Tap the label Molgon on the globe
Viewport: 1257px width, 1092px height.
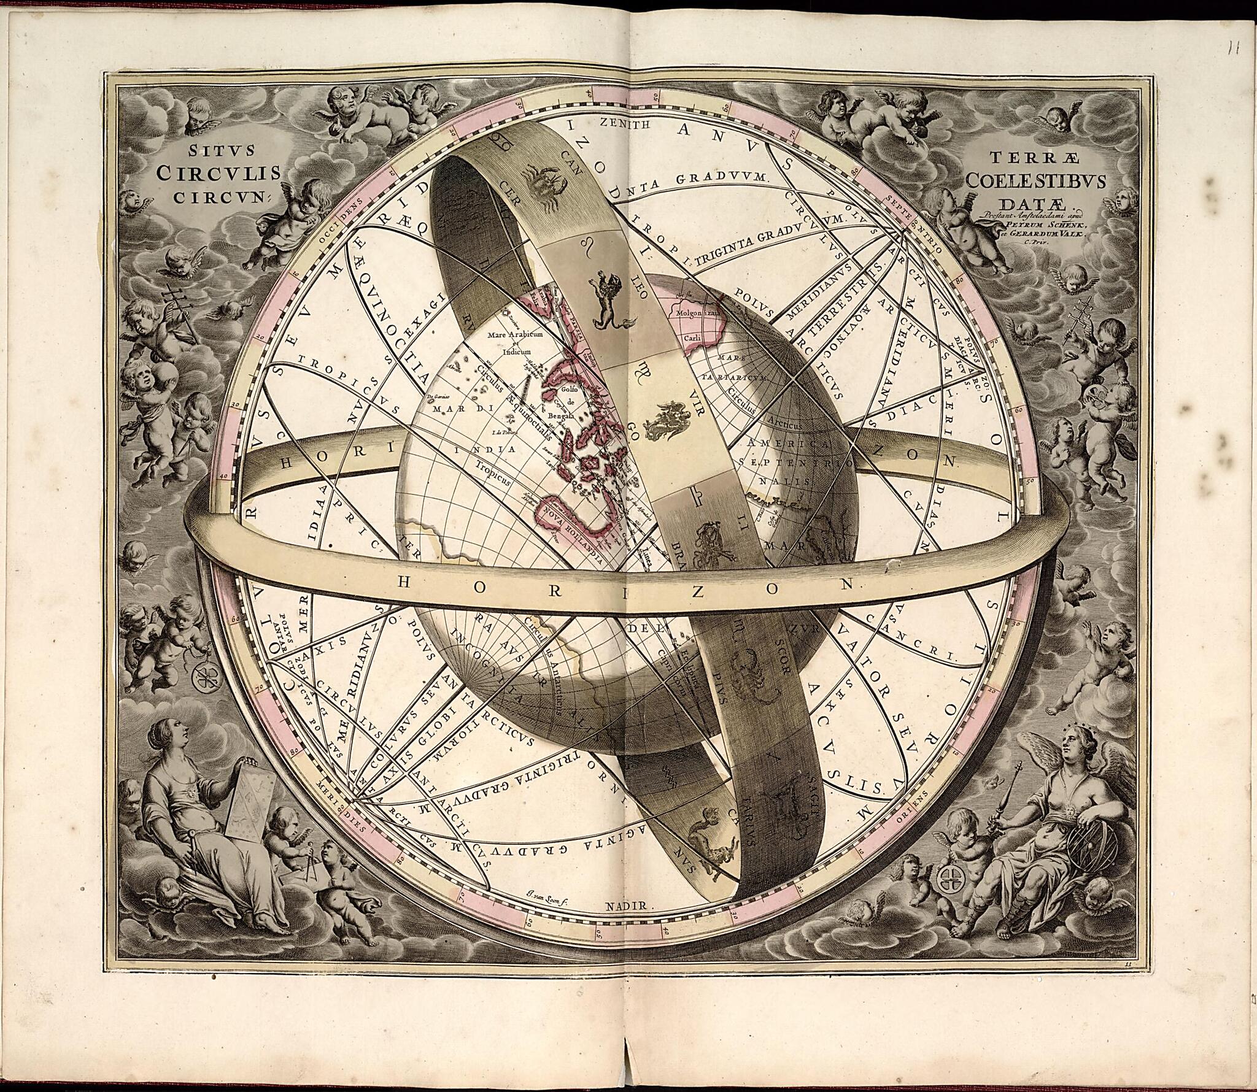point(694,313)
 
